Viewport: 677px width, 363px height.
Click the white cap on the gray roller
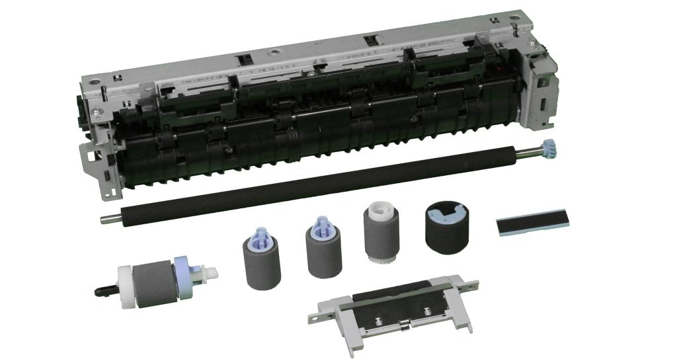[375, 213]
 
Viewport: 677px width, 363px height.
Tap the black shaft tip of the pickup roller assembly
[102, 288]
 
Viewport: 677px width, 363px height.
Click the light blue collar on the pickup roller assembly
[181, 280]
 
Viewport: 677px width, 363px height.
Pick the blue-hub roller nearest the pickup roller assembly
[259, 259]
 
